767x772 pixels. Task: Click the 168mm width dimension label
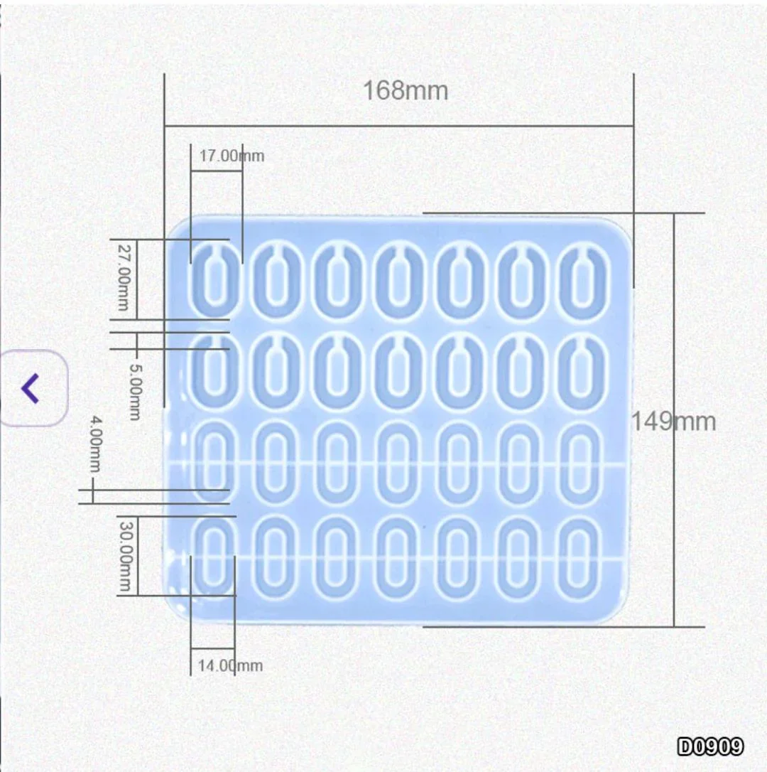tap(406, 90)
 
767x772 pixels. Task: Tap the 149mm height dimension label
tap(673, 422)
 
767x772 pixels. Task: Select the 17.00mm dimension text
tap(232, 156)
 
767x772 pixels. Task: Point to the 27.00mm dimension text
tap(124, 277)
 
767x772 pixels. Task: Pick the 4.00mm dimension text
tap(95, 444)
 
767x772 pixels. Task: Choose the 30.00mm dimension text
tap(126, 557)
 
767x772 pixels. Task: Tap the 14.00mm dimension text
tap(230, 665)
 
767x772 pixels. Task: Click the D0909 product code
tap(710, 747)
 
